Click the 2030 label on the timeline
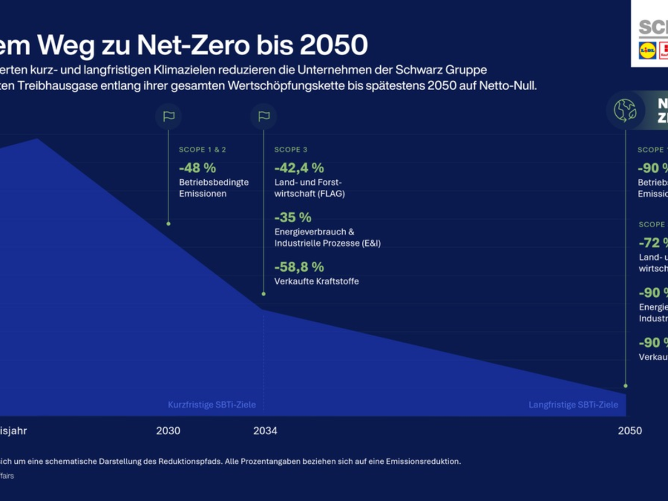pos(168,431)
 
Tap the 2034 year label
pos(265,431)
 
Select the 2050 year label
pos(630,431)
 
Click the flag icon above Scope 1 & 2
pos(169,117)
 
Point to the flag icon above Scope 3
pos(264,117)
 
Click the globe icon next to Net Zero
pos(625,110)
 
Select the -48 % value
pos(197,168)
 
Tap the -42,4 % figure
pos(299,168)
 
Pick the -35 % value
pos(293,217)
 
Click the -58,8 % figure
pos(299,267)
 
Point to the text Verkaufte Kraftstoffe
pos(316,281)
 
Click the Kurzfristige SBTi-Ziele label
pos(212,405)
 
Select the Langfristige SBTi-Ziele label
pos(573,405)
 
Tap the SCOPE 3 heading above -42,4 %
pos(291,150)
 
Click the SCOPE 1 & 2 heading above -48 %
pos(203,150)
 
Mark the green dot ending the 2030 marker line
pos(169,224)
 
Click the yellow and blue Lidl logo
pos(647,51)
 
